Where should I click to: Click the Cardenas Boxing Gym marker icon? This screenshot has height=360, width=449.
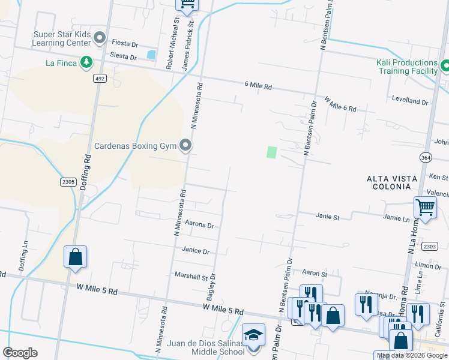186,145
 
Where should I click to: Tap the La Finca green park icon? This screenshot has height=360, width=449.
86,62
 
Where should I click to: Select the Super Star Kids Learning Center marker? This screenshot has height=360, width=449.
100,39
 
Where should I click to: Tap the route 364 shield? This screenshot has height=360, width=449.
424,156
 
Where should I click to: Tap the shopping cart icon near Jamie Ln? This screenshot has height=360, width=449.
425,208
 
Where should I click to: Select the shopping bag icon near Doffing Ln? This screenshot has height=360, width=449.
76,257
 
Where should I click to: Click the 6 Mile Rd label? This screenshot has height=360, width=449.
258,86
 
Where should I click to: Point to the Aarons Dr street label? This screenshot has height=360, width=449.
199,224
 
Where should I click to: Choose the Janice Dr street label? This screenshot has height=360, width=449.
196,251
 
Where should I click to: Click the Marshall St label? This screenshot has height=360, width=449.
191,276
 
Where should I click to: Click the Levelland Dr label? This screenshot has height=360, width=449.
410,101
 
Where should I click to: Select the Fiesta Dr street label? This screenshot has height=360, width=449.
125,44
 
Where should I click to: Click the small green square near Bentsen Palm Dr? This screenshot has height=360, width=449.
272,152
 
